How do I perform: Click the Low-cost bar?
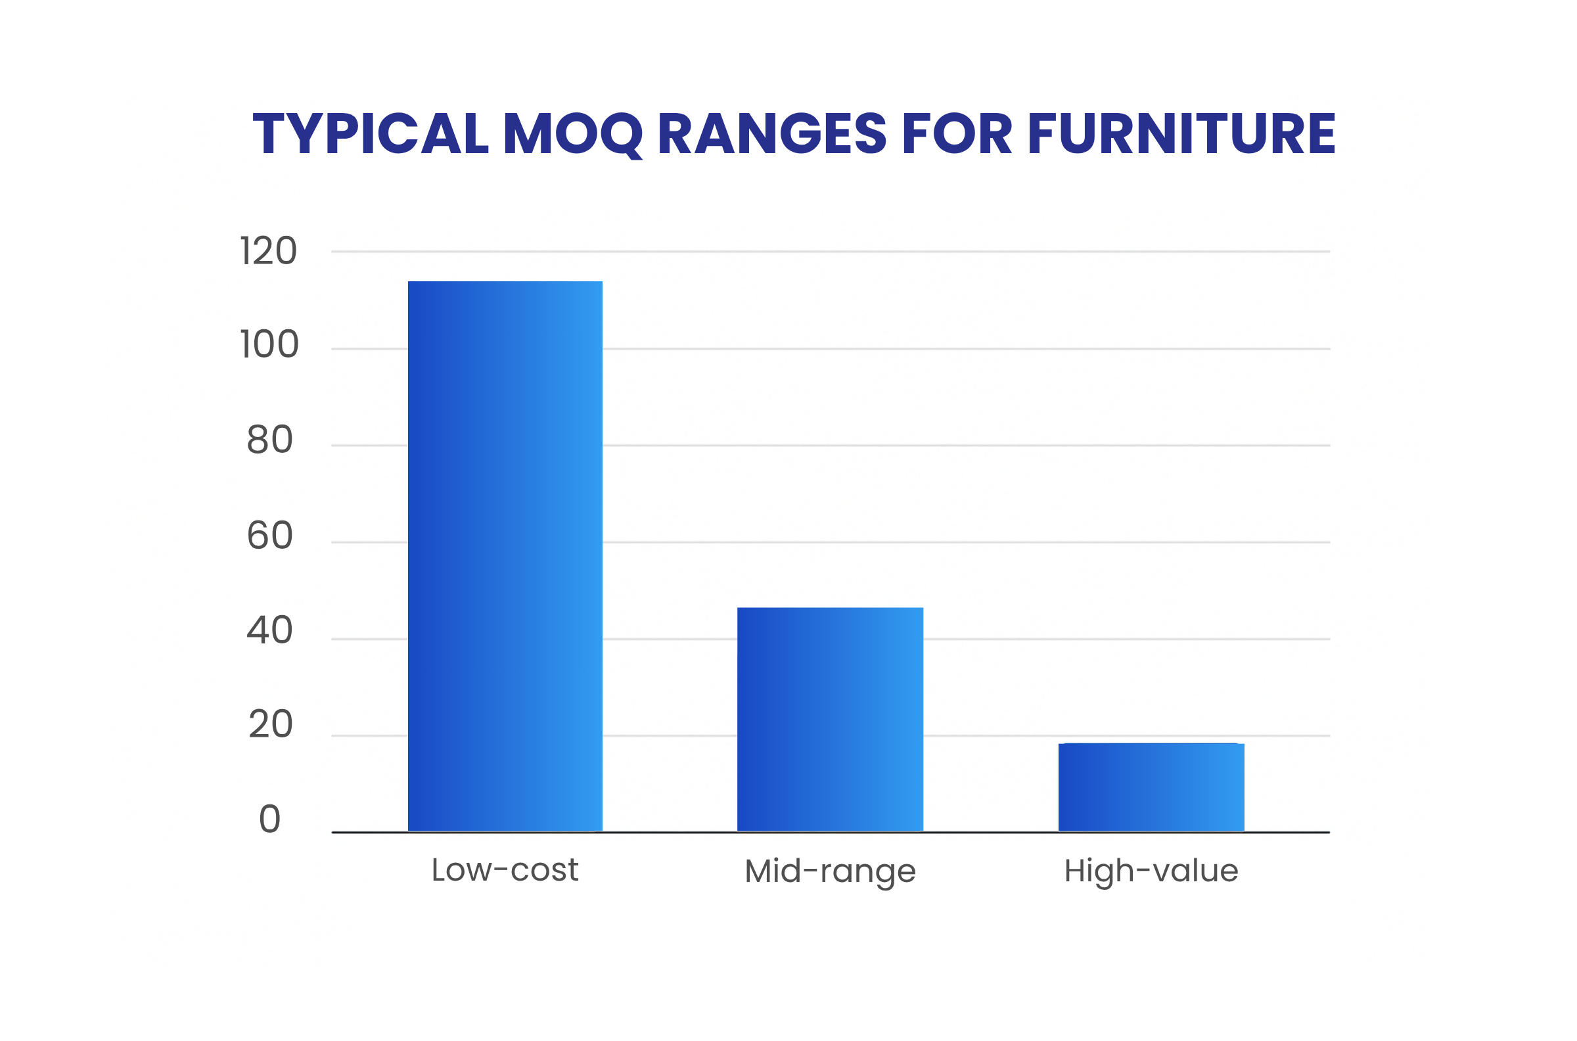pos(505,556)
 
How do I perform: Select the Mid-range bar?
pos(830,719)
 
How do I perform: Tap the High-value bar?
pos(1151,787)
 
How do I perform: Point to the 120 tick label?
pos(268,252)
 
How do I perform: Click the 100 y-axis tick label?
pos(269,344)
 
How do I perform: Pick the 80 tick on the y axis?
pos(269,440)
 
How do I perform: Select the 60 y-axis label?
pos(269,536)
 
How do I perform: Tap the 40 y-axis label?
pos(269,631)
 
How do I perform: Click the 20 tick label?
pos(270,724)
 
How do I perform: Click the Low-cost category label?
pos(505,869)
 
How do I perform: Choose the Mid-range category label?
pos(830,871)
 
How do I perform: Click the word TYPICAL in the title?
pos(371,133)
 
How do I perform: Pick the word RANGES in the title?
pos(772,133)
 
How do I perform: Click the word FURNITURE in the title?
pos(1181,133)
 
